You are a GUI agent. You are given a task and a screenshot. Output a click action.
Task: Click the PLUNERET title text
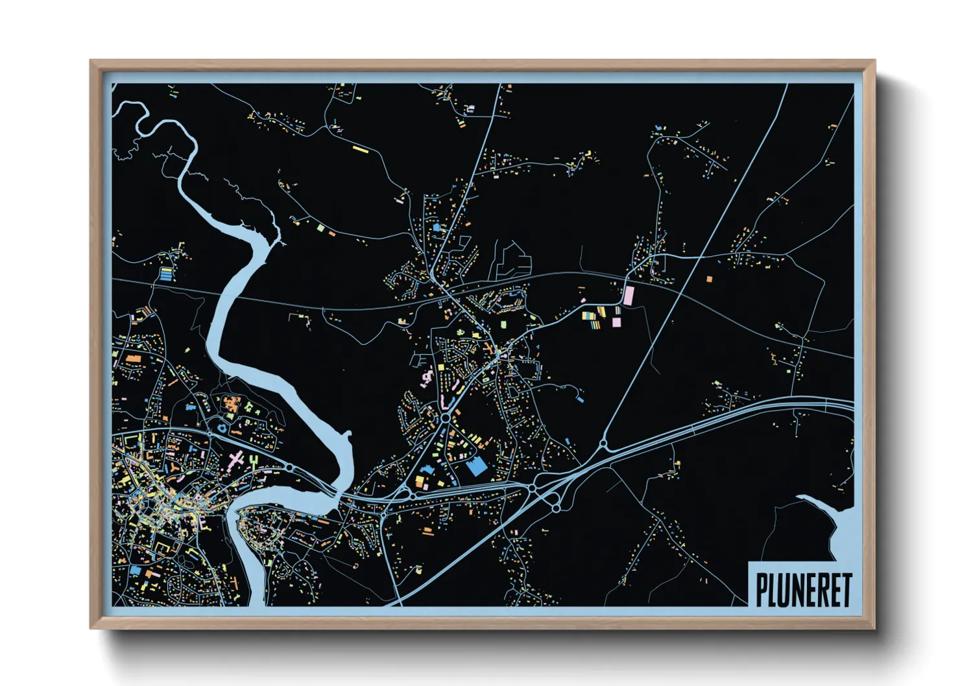coord(803,589)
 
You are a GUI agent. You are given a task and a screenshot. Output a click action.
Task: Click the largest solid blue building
coord(477,466)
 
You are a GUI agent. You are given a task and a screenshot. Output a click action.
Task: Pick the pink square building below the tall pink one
coord(616,321)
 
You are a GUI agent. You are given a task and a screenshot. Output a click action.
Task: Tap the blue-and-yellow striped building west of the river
coord(167,274)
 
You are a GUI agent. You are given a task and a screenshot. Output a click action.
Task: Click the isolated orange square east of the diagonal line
coord(709,279)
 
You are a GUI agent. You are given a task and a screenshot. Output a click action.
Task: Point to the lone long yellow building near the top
coord(360,150)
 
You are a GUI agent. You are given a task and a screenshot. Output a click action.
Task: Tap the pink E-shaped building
coord(203,521)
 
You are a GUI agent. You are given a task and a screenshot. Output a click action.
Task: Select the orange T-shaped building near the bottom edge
coord(150,574)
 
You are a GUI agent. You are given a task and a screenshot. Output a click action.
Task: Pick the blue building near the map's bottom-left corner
coord(135,571)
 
